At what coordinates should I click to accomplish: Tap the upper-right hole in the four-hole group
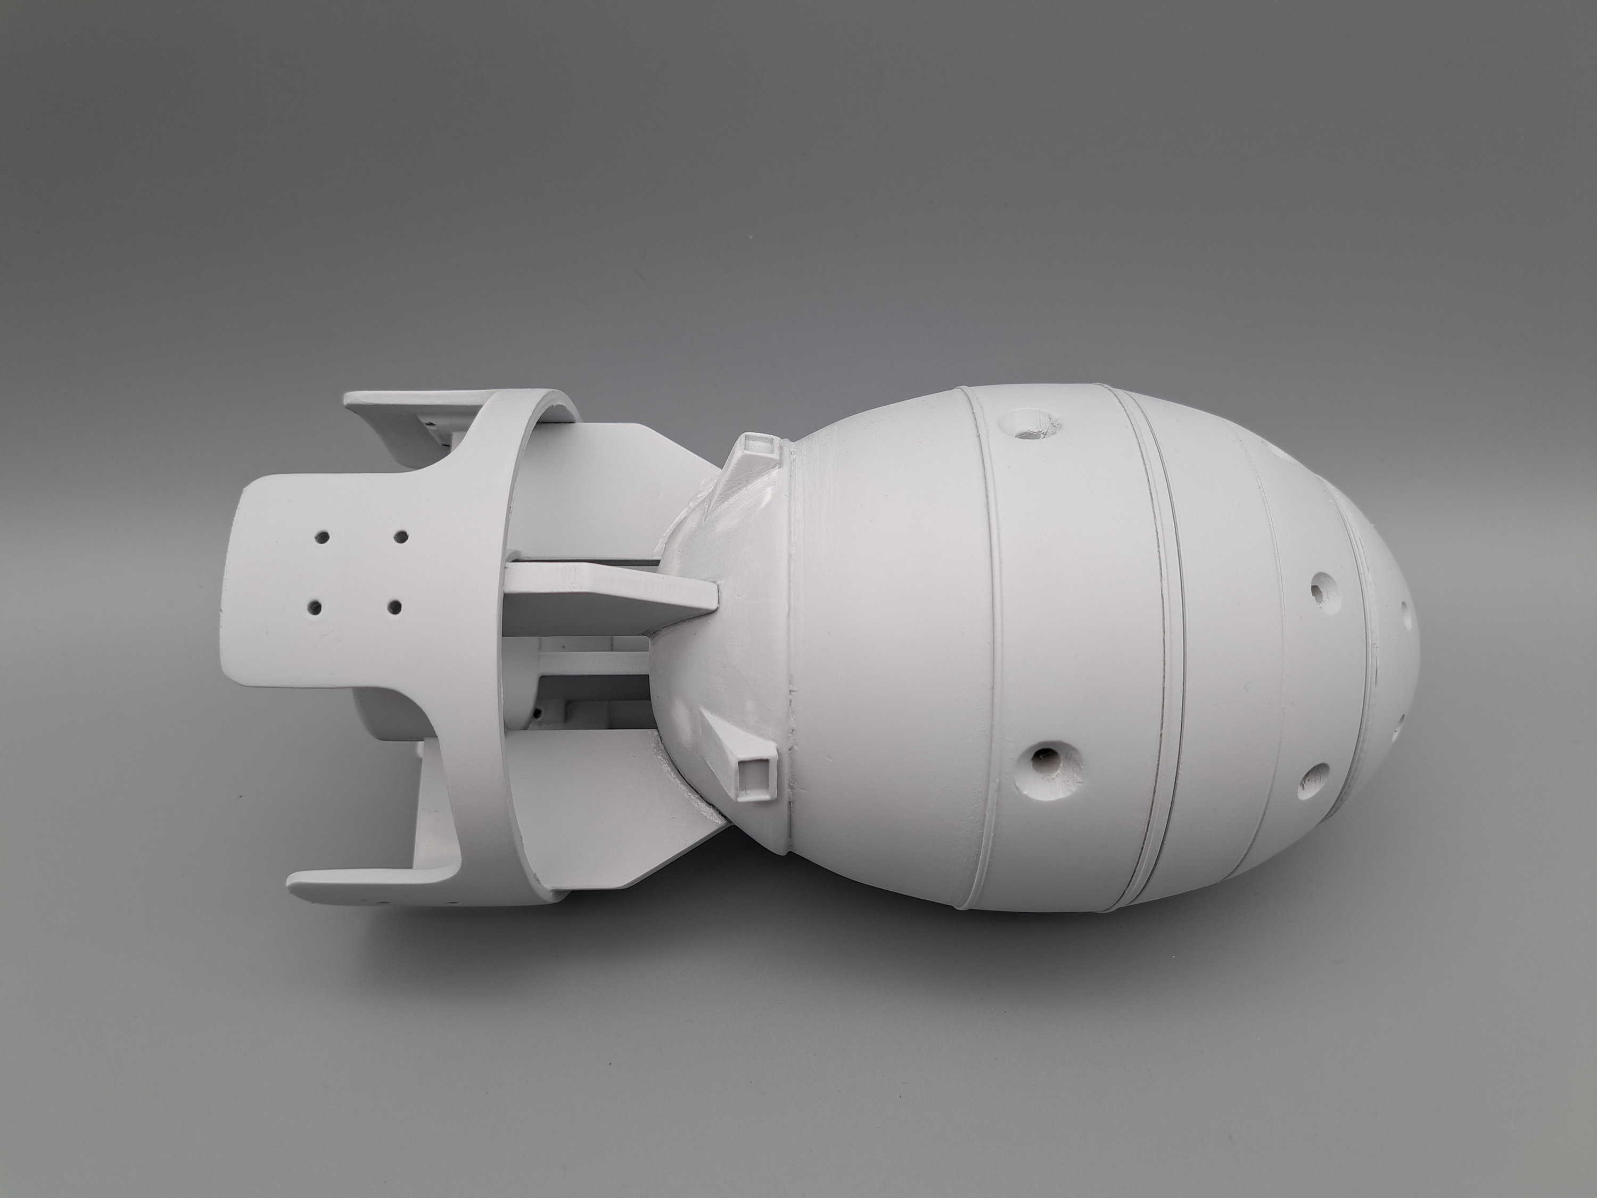[402, 538]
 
